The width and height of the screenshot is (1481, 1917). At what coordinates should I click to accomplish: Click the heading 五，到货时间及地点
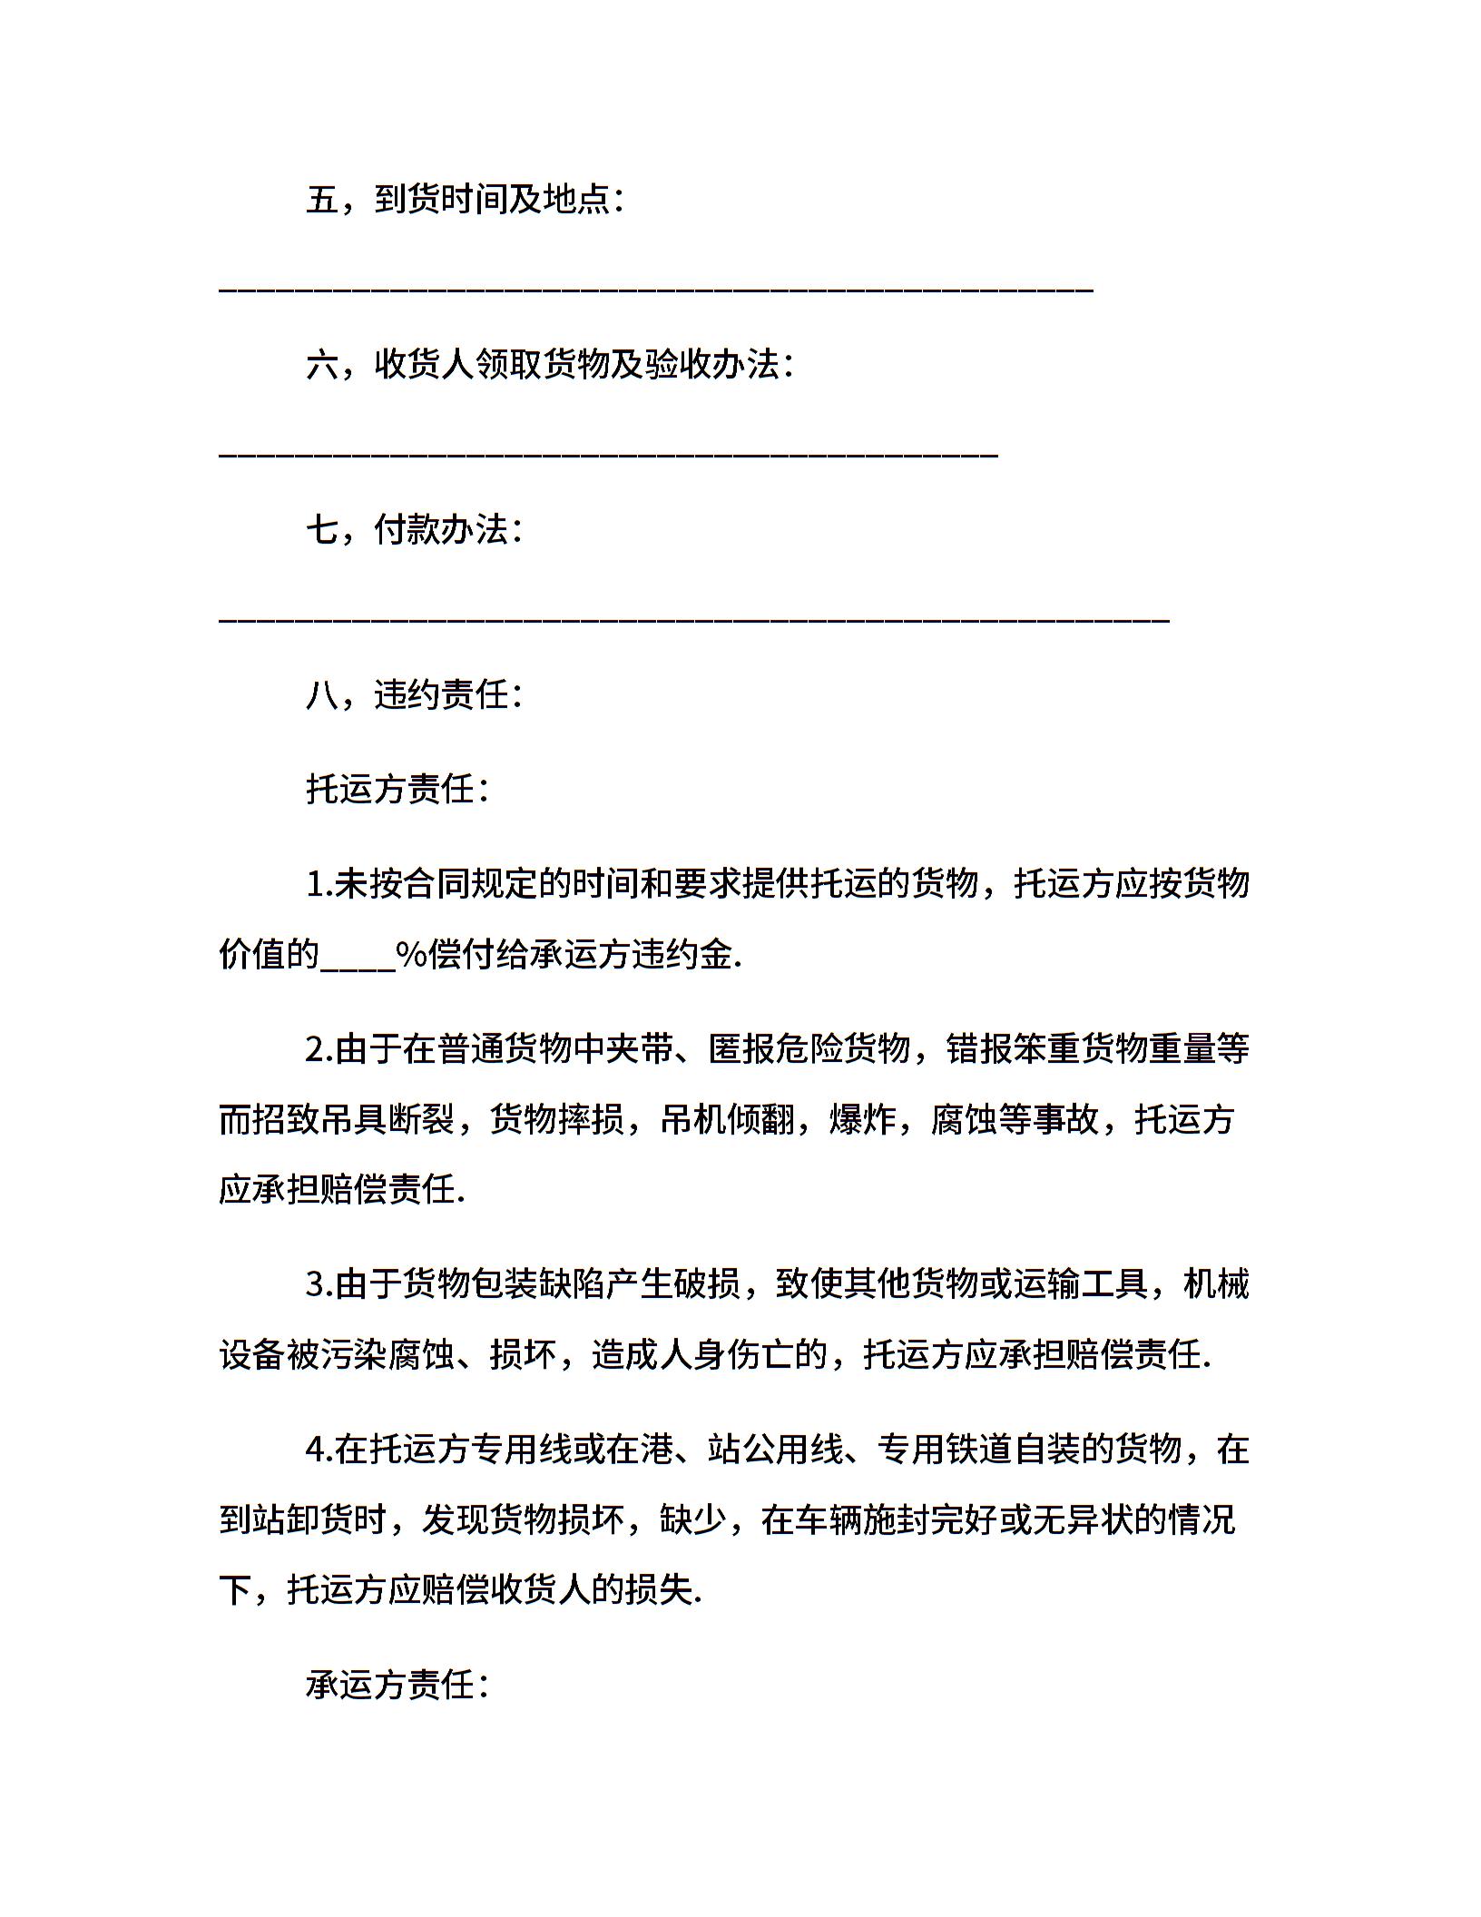click(464, 200)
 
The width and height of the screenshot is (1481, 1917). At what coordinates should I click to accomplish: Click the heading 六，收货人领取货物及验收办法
click(549, 365)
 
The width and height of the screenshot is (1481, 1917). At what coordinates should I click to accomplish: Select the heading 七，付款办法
click(414, 530)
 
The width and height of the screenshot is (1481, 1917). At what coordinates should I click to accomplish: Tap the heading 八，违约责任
click(414, 695)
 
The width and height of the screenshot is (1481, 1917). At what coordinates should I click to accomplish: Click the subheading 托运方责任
click(397, 789)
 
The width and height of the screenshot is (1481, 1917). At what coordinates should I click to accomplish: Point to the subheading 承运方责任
click(397, 1686)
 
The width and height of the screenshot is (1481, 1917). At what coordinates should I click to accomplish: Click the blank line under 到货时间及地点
click(655, 290)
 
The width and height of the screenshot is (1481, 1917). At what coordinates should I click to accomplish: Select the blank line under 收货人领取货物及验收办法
click(608, 455)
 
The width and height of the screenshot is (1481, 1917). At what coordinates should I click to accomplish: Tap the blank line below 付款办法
click(693, 620)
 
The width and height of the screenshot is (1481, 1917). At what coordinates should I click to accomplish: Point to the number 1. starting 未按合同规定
click(319, 883)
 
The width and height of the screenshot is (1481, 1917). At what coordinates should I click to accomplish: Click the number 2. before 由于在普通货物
click(319, 1049)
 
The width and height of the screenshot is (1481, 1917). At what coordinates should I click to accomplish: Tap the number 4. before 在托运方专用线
click(319, 1450)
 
